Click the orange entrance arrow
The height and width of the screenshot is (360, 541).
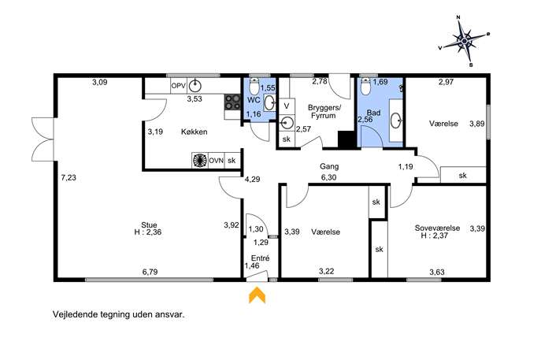257,296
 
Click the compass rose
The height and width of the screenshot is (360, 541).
465,41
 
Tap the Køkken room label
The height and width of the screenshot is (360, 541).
195,132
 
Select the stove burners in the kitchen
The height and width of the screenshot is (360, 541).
232,102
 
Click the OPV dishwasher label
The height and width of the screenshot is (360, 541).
179,86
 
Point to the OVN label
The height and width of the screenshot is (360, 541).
217,161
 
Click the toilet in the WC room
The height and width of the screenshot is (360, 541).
254,87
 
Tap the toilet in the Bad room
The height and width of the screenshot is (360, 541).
365,87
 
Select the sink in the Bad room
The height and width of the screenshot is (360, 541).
396,121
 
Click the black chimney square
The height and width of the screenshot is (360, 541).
346,139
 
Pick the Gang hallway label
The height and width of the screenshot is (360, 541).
329,166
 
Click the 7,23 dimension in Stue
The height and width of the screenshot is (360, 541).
69,178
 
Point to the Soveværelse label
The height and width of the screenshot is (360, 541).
437,228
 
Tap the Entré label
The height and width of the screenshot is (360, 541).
260,258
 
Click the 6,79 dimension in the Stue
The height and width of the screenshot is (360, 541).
150,272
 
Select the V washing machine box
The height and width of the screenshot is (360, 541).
287,106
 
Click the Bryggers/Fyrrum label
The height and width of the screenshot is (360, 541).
324,112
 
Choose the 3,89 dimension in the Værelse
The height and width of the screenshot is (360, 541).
477,124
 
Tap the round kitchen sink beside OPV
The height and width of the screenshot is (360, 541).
195,85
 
